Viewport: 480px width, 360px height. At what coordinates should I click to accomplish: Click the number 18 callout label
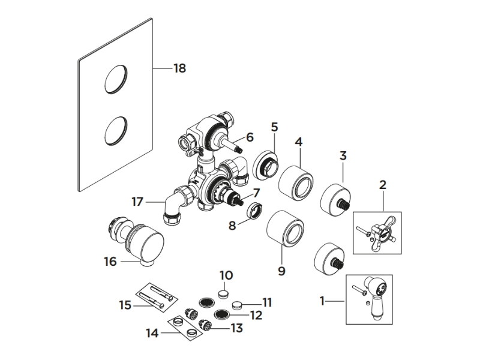[x=179, y=68]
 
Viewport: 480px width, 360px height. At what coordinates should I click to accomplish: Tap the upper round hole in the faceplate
[x=116, y=79]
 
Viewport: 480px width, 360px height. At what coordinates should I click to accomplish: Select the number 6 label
[x=250, y=138]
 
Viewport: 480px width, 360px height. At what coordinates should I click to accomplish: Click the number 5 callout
[x=274, y=127]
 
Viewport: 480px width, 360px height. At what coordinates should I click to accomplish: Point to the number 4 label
[x=298, y=142]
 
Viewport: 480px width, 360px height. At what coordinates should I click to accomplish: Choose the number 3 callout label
[x=343, y=156]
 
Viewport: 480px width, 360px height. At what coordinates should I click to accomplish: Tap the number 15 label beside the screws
[x=125, y=305]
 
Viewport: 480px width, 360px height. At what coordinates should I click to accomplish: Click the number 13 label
[x=236, y=328]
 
